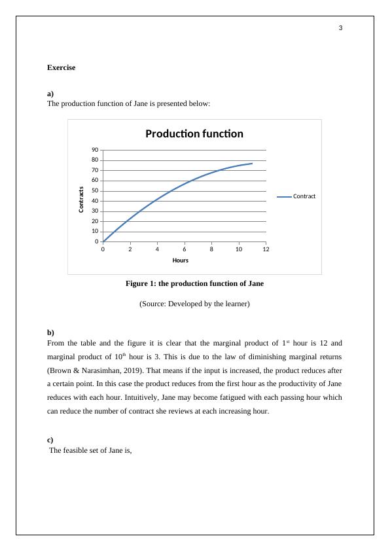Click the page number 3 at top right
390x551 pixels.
[340, 28]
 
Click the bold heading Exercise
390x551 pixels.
[62, 67]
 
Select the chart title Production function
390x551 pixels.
[194, 134]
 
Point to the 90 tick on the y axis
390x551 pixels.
[94, 150]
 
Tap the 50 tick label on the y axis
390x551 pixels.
[94, 191]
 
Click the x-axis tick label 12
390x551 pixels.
[266, 249]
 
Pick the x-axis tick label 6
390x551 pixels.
[185, 249]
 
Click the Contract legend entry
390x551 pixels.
[304, 196]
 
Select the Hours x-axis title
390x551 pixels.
[181, 260]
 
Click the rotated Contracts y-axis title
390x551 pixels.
[81, 200]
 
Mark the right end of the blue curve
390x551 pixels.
[252, 164]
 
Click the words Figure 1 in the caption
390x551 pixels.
[139, 283]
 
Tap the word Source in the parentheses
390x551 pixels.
[154, 304]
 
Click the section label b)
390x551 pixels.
[51, 332]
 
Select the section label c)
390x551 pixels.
[51, 439]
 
